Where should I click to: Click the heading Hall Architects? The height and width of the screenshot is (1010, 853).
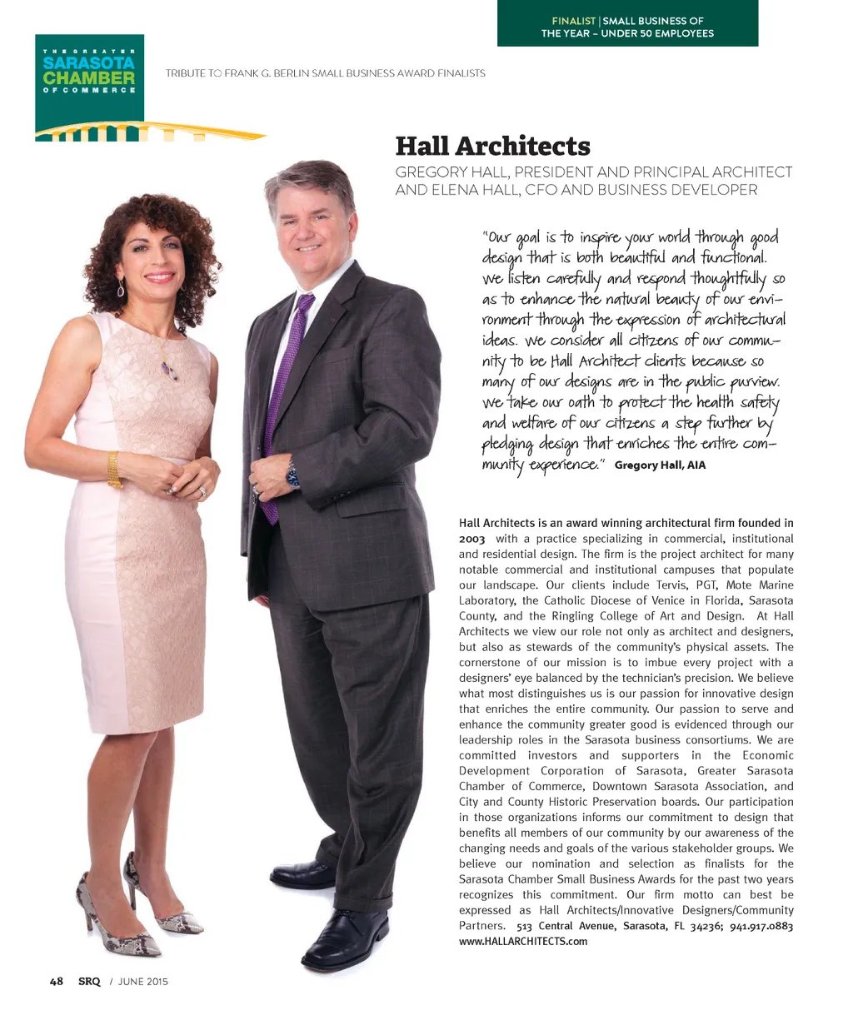(x=492, y=147)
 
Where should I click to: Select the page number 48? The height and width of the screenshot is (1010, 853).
(x=57, y=981)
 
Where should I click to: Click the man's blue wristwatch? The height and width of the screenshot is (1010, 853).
(x=292, y=475)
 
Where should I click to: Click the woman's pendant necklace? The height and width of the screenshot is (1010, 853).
(x=170, y=370)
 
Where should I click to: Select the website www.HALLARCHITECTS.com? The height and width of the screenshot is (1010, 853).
(x=523, y=941)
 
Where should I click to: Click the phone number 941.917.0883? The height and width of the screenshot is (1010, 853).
(x=761, y=926)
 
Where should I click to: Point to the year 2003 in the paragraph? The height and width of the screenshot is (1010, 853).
(x=472, y=539)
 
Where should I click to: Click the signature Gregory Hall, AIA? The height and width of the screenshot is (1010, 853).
(x=660, y=465)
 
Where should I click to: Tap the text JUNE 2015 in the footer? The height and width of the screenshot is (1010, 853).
(x=142, y=982)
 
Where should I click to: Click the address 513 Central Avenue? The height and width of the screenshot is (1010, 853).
(x=566, y=926)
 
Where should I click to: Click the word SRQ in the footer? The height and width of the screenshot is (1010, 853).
(x=89, y=981)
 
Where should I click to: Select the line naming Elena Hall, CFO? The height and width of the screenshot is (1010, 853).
(x=576, y=190)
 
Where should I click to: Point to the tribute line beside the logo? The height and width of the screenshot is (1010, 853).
(x=325, y=73)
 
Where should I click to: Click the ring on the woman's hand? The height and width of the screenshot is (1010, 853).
(x=202, y=492)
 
